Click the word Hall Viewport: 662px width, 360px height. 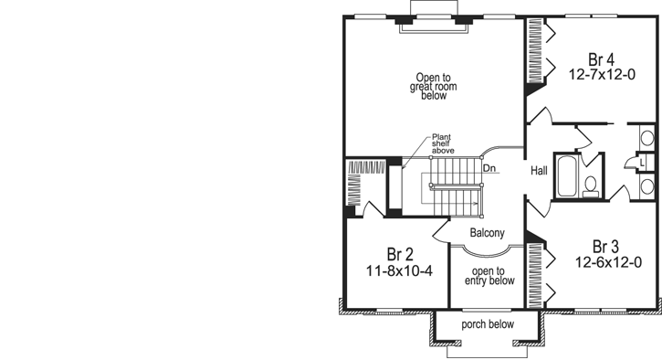(x=539, y=169)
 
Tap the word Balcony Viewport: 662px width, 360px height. (x=487, y=233)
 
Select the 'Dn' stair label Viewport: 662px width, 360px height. (x=489, y=168)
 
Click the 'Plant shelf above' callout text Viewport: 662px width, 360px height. (x=444, y=143)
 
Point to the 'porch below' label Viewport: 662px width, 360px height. (x=487, y=324)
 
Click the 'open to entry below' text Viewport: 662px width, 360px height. (x=488, y=276)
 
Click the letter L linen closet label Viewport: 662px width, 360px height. (x=642, y=162)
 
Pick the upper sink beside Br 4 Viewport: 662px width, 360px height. (x=646, y=139)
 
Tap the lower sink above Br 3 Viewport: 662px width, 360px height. (x=646, y=186)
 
